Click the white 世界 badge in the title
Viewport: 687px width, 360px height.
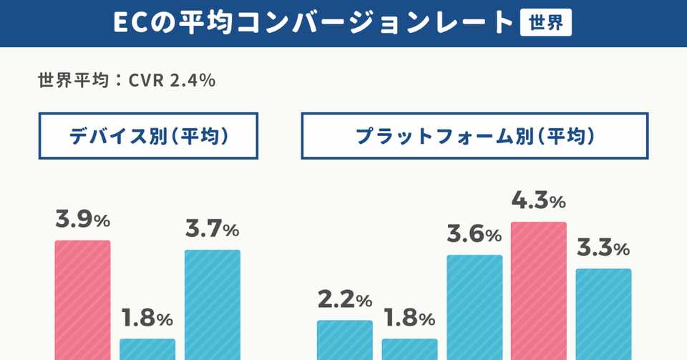pos(545,23)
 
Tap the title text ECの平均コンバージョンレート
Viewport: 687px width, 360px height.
pos(313,23)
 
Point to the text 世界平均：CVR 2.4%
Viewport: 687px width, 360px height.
pos(127,80)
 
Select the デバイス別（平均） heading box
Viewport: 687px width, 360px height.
pos(148,136)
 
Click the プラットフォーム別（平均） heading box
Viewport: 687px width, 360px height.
pos(474,136)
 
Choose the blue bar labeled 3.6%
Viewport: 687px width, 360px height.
pos(474,307)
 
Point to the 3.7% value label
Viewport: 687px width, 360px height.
pos(212,230)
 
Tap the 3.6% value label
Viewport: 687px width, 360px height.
pos(474,235)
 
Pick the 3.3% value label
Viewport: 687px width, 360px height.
pos(603,248)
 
